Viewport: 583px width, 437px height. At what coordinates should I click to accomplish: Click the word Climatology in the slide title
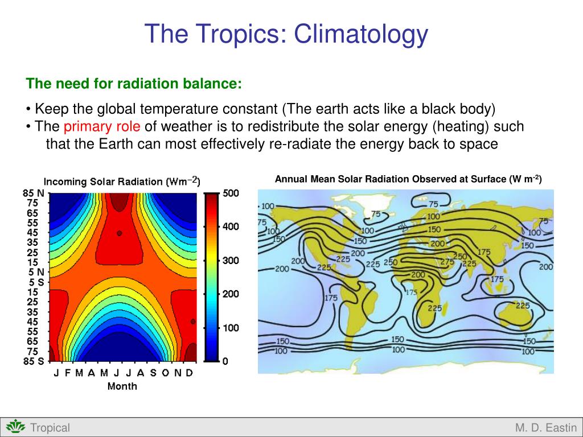click(x=360, y=34)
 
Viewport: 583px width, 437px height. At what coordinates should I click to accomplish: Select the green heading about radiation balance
click(x=134, y=84)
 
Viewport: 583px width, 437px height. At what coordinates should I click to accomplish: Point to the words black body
click(x=458, y=109)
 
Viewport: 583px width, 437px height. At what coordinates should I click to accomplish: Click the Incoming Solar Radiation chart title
click(x=122, y=182)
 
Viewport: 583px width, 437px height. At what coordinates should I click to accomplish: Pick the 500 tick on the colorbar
click(x=231, y=193)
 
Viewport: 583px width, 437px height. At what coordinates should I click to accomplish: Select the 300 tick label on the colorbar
click(x=231, y=261)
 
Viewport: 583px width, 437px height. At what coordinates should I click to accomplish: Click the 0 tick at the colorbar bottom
click(x=225, y=361)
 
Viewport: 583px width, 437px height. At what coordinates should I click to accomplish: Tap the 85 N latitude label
click(x=34, y=193)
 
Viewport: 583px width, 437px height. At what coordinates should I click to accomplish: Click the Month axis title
click(x=122, y=386)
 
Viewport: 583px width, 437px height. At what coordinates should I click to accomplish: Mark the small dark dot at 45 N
click(x=120, y=233)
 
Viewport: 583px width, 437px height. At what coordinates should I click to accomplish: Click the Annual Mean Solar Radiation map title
click(x=408, y=179)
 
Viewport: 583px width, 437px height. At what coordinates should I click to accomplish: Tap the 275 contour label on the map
click(x=447, y=262)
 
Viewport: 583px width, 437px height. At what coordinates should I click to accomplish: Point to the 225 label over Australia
click(x=523, y=306)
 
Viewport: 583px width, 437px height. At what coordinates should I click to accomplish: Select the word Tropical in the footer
click(x=50, y=428)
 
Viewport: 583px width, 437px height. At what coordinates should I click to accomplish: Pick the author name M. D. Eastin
click(x=546, y=428)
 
